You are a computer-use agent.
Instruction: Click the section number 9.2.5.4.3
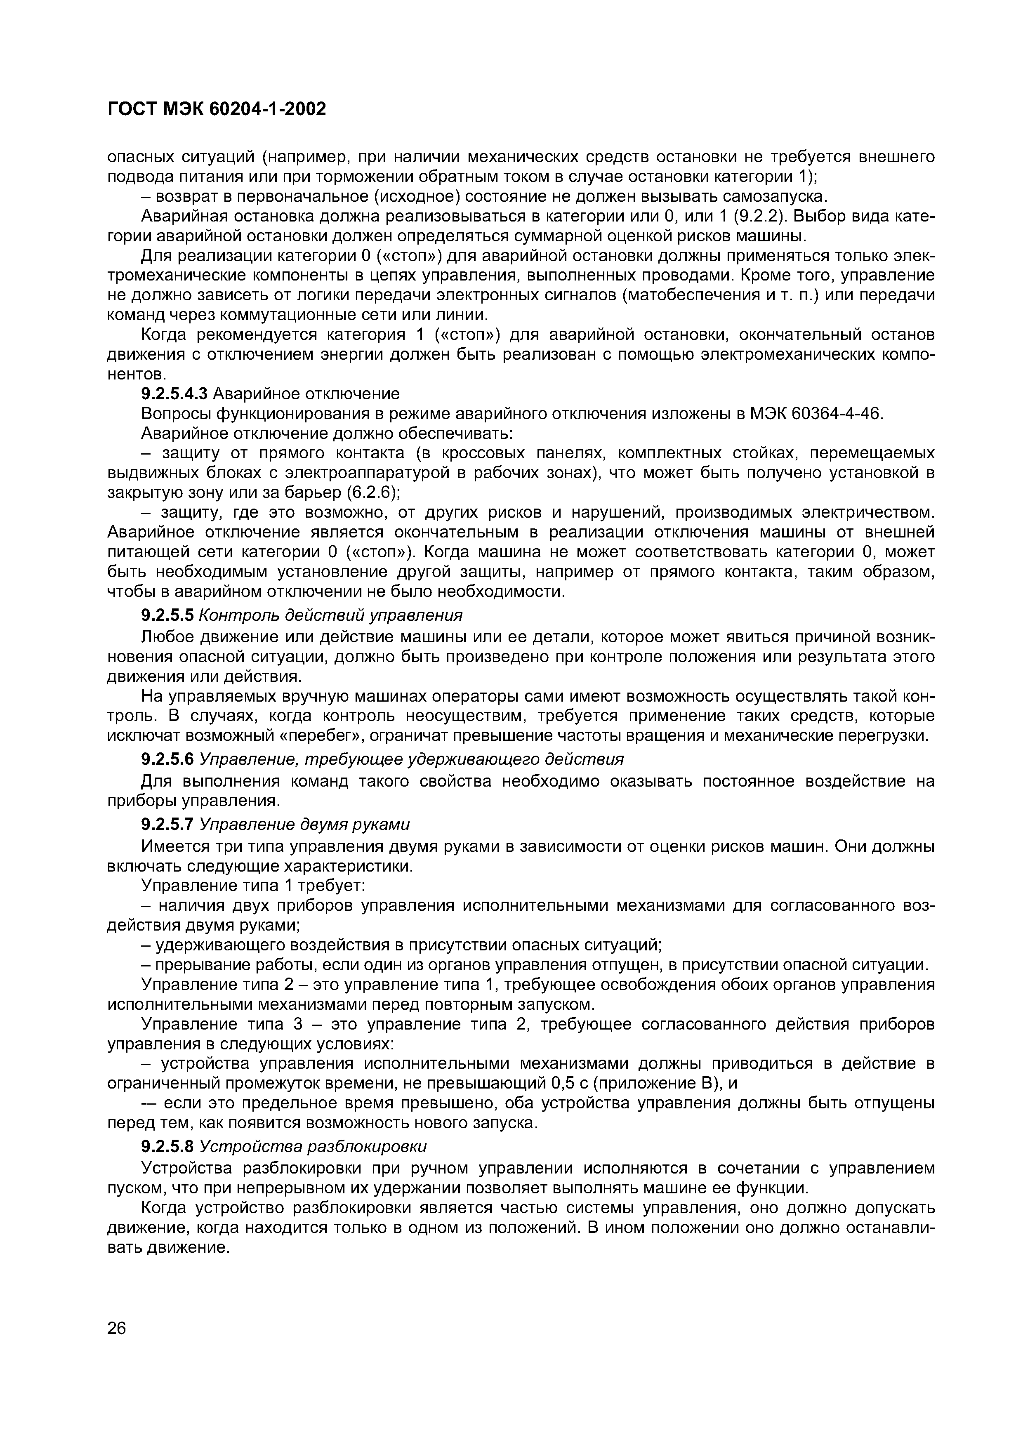pos(174,394)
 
